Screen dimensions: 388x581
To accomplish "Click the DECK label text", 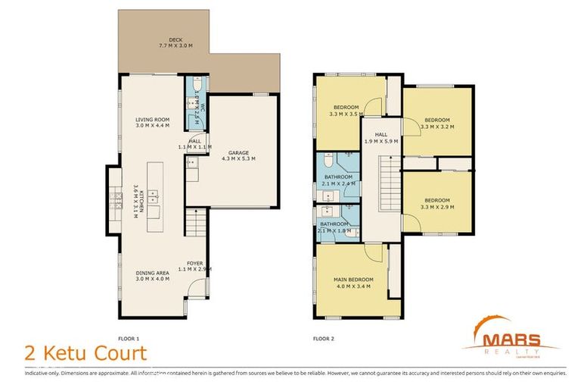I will (x=175, y=42).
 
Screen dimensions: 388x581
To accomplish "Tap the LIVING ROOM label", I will (x=153, y=123).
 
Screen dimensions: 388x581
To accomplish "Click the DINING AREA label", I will (x=153, y=276).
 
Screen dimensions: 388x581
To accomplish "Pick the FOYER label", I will (x=194, y=266).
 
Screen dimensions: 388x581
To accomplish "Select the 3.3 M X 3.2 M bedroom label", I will (x=437, y=124).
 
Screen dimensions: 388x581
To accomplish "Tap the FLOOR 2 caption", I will (x=323, y=338).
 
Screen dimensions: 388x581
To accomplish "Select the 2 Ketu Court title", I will (x=85, y=353).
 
